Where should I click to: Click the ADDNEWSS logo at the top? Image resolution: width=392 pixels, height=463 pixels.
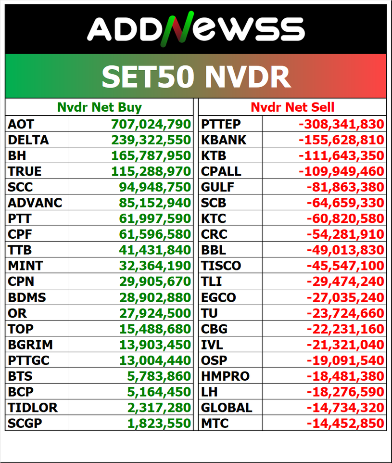[x=196, y=29]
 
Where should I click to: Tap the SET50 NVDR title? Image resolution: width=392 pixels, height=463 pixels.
[x=196, y=76]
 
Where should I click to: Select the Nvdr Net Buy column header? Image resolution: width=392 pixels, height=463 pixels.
[x=99, y=107]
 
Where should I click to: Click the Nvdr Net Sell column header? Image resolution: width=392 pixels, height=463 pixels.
[x=292, y=107]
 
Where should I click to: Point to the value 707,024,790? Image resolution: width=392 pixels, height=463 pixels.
[x=151, y=124]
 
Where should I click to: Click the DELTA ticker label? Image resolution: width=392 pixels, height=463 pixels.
[x=28, y=140]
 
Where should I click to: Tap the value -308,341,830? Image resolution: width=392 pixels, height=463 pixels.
[x=341, y=124]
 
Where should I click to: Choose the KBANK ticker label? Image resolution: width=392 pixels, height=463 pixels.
[x=224, y=140]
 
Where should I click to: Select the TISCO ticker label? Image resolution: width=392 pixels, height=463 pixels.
[x=221, y=266]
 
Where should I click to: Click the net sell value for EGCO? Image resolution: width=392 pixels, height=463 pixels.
[x=345, y=297]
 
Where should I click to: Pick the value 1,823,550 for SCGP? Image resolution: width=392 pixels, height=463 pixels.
[x=159, y=424]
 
